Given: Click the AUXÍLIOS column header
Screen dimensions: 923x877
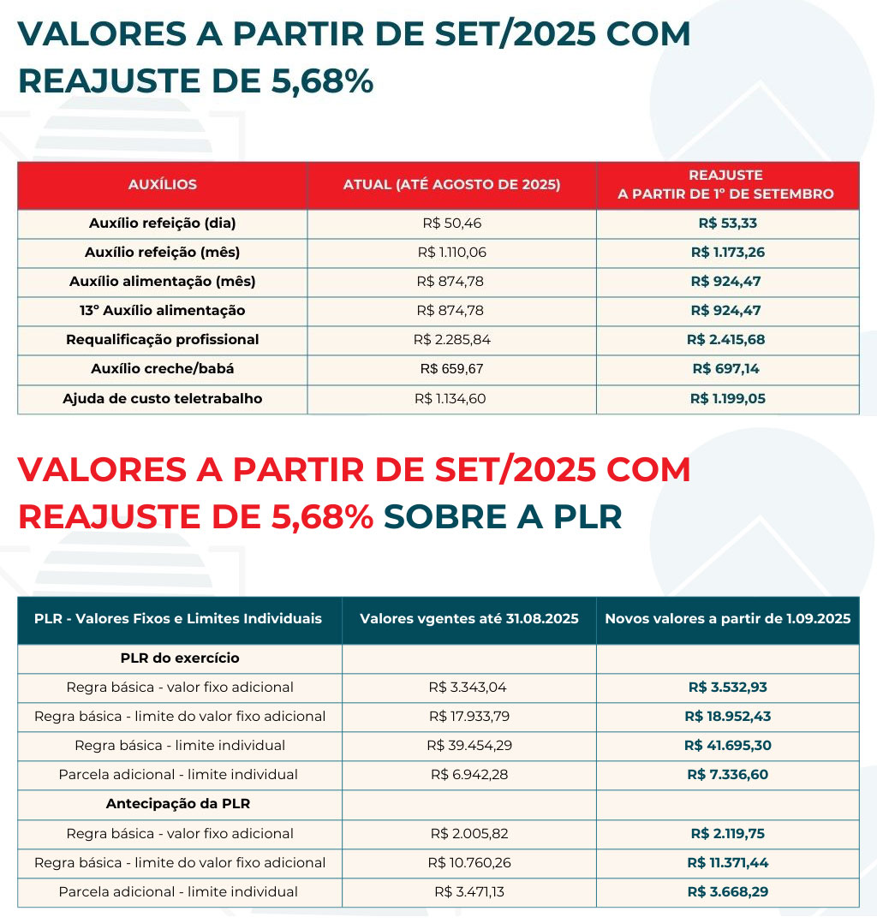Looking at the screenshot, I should point(163,185).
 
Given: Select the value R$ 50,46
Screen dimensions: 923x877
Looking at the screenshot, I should point(451,223).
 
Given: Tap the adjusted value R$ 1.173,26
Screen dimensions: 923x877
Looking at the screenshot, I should point(727,253).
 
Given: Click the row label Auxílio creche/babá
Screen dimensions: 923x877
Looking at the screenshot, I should point(163,369).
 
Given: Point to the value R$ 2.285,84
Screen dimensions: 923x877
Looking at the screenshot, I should point(451,340).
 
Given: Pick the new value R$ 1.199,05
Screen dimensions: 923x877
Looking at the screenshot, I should point(727,398).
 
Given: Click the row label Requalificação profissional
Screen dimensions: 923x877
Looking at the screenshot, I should point(163,340).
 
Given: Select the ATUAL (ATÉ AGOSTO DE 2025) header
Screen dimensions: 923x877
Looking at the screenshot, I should point(451,185).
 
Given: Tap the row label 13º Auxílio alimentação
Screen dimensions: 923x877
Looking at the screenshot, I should point(163,311).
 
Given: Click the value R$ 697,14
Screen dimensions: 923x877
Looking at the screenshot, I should point(727,369).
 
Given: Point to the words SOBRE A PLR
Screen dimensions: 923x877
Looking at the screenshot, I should point(503,516).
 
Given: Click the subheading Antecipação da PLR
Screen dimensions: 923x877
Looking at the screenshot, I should point(178,804).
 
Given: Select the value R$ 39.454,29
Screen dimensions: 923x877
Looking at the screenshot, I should point(469,746).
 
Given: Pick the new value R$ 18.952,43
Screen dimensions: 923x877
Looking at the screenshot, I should point(727,717).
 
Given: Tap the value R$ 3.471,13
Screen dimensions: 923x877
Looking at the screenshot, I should point(469,891).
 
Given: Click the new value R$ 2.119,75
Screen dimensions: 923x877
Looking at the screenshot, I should point(727,833).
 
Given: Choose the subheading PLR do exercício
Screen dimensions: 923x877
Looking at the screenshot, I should point(180,658).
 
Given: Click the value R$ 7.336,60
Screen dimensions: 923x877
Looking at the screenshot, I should point(727,775).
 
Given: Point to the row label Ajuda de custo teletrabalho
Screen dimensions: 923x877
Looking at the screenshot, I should point(163,398).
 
